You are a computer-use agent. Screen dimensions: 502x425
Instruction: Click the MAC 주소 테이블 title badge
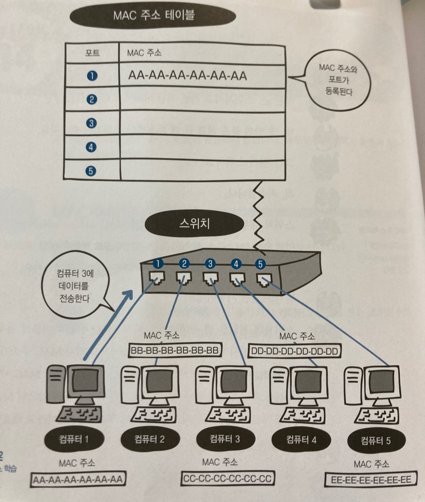[x=153, y=17]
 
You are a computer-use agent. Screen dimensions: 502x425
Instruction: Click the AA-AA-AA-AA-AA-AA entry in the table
[x=187, y=76]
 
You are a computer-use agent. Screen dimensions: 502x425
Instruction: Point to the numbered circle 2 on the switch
[x=184, y=264]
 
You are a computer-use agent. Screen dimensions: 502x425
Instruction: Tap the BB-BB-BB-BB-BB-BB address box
[x=175, y=351]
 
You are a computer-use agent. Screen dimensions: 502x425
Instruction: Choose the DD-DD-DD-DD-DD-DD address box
[x=294, y=352]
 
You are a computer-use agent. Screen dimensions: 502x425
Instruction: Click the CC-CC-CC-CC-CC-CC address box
[x=228, y=478]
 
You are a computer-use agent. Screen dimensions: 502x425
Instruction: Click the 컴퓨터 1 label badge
[x=74, y=439]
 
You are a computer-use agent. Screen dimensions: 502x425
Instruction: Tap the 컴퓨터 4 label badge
[x=301, y=440]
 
